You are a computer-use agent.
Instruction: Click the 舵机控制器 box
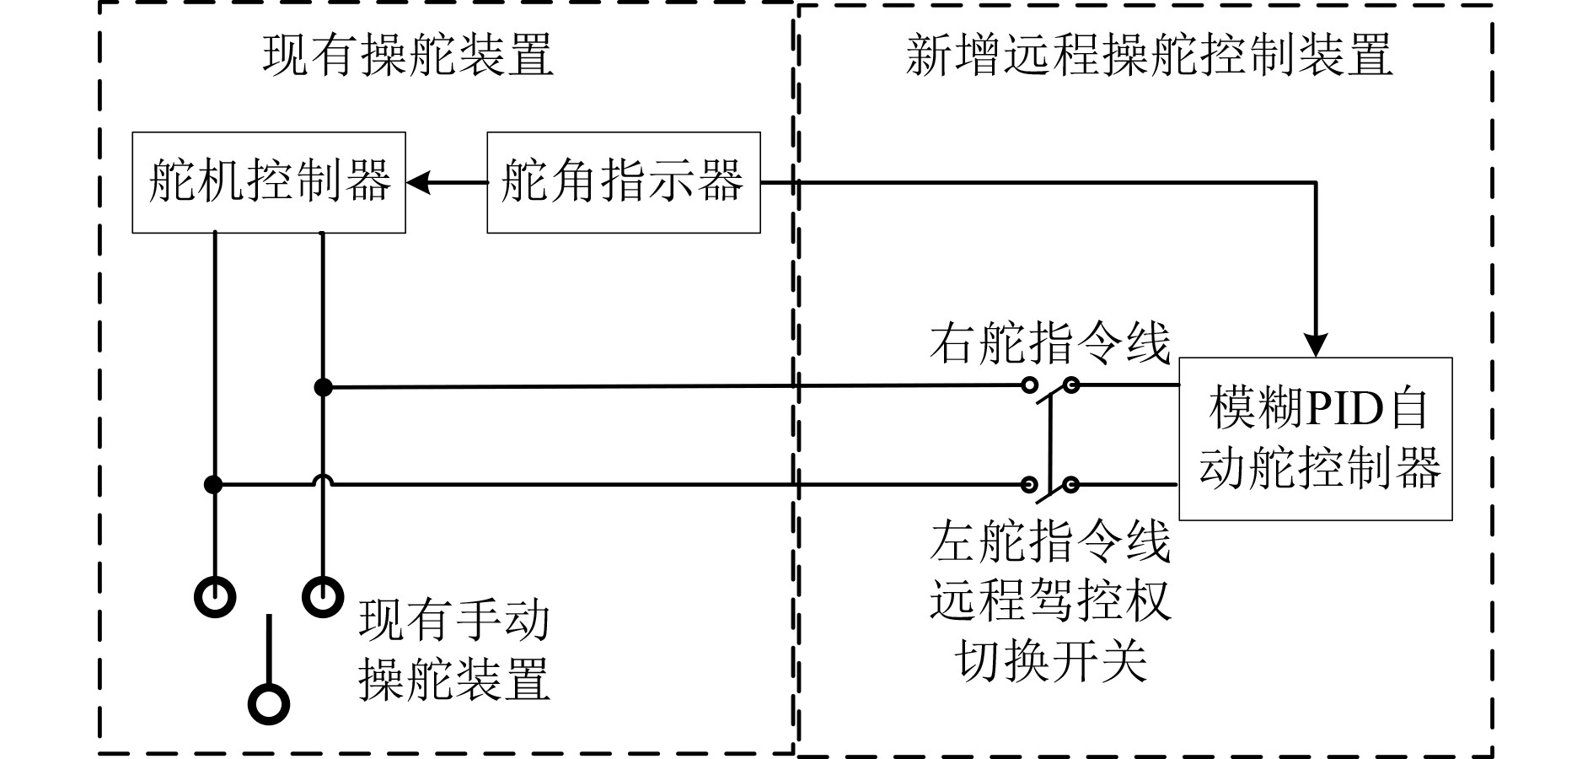269,182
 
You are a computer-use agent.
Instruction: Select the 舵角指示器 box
623,182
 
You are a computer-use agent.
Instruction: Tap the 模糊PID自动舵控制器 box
1315,439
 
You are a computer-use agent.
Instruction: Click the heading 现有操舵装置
408,56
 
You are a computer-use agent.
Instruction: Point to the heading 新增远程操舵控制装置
1148,56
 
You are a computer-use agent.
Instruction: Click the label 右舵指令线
1050,344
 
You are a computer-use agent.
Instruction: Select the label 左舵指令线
1050,541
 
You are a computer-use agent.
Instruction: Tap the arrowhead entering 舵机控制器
418,182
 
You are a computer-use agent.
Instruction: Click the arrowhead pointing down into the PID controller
1316,346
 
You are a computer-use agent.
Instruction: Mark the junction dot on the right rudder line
323,387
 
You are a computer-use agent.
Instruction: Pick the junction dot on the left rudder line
214,485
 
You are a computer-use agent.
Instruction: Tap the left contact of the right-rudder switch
1029,386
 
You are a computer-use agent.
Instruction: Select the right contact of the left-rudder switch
1070,485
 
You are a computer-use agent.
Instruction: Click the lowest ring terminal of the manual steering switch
269,703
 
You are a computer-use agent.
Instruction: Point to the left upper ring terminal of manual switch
215,597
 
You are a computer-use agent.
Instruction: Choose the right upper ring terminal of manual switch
323,597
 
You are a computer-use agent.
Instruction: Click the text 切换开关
1050,659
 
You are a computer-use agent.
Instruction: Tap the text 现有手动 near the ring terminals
453,620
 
